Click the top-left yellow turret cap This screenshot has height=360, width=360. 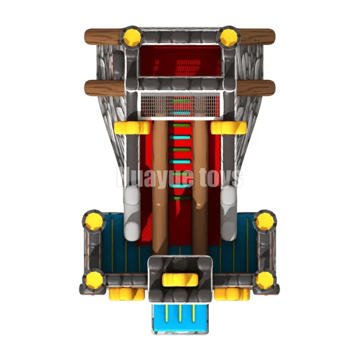pos(132,37)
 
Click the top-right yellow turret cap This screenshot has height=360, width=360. pos(228,37)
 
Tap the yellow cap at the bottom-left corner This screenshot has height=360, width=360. pos(94,280)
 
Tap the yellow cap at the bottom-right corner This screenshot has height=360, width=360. pos(265,280)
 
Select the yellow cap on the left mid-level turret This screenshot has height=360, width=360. pos(94,221)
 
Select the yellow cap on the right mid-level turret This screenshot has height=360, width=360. pos(265,221)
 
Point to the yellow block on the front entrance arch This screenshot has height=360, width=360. pos(180,280)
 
